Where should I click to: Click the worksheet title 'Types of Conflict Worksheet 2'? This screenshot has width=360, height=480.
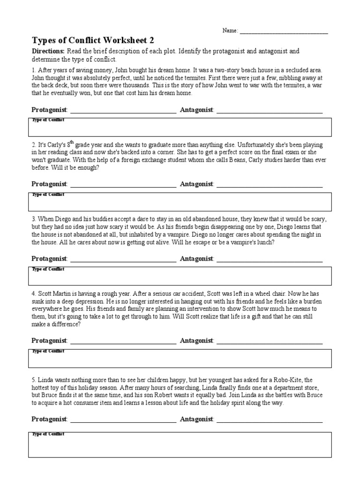(92, 40)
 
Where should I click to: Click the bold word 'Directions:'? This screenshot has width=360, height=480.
(48, 51)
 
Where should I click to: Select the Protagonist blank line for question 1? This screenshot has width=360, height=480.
(123, 112)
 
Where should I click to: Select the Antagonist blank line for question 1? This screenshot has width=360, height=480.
(270, 112)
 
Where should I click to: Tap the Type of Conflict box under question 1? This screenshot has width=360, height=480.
(180, 127)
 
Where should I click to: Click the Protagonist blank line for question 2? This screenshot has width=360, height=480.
(123, 186)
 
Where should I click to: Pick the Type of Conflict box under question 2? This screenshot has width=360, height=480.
(180, 202)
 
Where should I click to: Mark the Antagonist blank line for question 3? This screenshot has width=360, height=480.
(270, 260)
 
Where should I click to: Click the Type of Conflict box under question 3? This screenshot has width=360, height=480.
(180, 276)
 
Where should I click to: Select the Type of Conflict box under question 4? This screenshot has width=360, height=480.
(180, 358)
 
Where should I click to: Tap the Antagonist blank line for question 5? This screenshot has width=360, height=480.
(270, 421)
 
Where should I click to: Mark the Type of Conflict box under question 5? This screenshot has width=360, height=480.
(180, 444)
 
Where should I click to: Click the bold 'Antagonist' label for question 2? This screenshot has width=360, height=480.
(196, 184)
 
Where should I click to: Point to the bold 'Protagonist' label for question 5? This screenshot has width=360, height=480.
(49, 419)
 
